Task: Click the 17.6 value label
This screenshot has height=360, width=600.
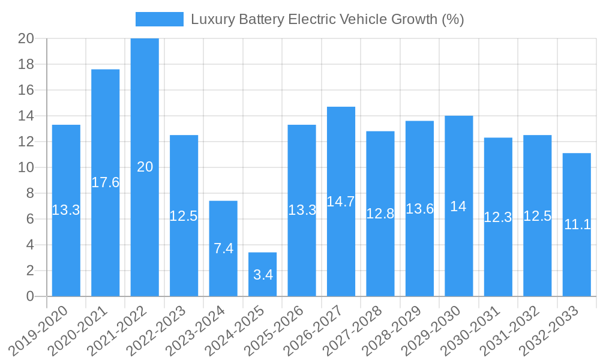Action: [x=106, y=183]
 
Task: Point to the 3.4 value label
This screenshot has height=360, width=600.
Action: [x=263, y=275]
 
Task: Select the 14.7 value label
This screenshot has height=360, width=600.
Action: [x=341, y=202]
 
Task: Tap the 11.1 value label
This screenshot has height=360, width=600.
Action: [x=577, y=224]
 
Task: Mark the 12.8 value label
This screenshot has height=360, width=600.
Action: [x=380, y=214]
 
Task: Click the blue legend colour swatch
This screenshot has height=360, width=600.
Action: [x=160, y=19]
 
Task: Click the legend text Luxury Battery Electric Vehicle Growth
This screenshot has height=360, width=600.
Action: [x=328, y=19]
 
